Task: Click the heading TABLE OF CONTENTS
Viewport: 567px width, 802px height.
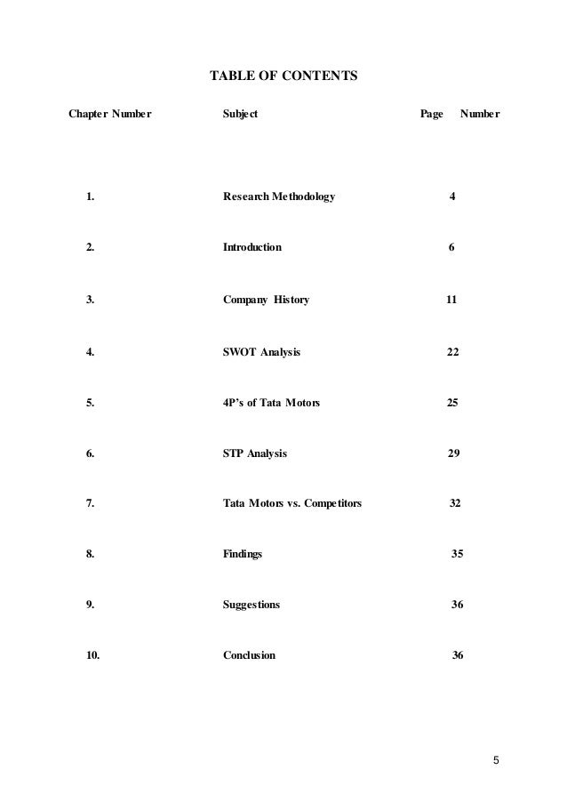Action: click(283, 76)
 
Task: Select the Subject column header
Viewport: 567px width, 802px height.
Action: click(240, 115)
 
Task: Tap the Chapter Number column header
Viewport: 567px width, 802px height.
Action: click(110, 115)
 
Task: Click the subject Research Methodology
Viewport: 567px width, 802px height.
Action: click(279, 196)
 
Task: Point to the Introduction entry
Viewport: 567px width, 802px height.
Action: click(252, 247)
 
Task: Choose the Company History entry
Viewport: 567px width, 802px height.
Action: click(266, 300)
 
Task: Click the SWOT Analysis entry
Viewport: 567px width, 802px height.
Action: click(261, 352)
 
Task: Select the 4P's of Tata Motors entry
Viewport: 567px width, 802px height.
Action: click(271, 403)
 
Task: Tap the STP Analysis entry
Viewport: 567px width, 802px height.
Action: click(254, 453)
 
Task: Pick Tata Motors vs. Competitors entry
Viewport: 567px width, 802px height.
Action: click(291, 503)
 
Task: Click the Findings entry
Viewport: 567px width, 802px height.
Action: click(242, 554)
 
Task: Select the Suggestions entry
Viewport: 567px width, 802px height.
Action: click(251, 605)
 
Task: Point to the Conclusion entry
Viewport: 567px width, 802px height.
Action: click(249, 656)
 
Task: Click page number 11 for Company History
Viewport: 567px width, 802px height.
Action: click(451, 300)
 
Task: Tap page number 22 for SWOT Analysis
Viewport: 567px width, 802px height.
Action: click(452, 352)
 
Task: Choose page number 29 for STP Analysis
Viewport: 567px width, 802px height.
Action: click(453, 453)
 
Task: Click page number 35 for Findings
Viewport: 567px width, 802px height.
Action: click(457, 554)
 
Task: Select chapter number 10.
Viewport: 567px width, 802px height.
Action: click(92, 656)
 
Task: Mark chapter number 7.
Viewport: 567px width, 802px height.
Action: click(91, 503)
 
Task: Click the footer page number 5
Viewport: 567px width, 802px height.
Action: click(497, 759)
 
